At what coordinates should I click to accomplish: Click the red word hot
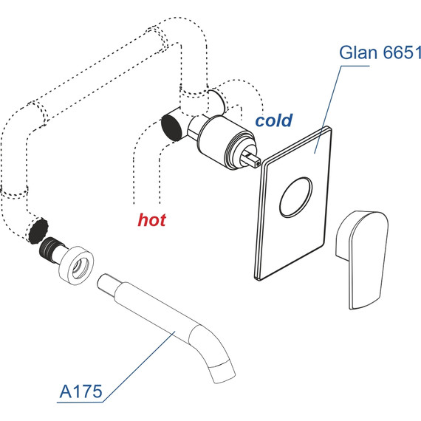pos(152,219)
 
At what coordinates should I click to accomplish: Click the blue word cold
pos(274,120)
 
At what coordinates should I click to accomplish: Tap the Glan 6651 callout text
pos(380,54)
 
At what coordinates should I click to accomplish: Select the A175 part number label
pos(80,391)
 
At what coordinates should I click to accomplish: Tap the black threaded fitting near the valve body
pos(172,125)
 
